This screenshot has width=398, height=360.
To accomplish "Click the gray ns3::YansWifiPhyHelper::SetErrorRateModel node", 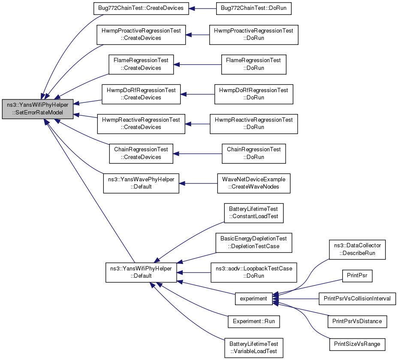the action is tap(38, 109).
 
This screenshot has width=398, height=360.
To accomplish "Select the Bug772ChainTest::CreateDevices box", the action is tap(141, 9).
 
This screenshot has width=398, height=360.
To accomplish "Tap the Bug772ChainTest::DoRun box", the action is tap(254, 9).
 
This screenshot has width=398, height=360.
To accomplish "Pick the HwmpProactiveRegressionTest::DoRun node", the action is tap(254, 35).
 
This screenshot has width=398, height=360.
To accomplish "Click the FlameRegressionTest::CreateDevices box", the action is tap(141, 64).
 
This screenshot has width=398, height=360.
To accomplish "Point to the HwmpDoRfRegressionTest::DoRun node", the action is tap(254, 94).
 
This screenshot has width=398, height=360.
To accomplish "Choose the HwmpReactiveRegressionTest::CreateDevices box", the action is tap(141, 124).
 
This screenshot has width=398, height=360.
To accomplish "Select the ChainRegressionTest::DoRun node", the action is tap(254, 153).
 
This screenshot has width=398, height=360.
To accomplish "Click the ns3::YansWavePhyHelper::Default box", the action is tap(141, 183).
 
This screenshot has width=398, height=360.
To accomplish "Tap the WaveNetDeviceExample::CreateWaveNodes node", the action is tap(254, 183).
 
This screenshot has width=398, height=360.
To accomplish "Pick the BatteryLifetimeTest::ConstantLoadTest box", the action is tap(254, 213).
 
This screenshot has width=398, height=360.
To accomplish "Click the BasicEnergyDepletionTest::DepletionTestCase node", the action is tap(254, 243).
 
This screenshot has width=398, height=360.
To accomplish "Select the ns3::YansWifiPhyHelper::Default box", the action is tap(141, 273).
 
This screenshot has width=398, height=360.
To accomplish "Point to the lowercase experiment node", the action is tap(254, 299).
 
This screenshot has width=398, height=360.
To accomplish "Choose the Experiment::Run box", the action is tap(254, 321).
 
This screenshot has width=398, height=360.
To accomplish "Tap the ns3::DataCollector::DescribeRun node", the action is tap(357, 249).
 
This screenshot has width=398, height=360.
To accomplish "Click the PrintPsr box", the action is tap(357, 276).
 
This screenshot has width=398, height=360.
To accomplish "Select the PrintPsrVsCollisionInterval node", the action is tap(357, 299).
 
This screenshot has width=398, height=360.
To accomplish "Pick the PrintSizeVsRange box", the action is tap(357, 345).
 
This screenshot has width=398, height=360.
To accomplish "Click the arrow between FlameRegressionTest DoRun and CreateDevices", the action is tap(197, 65).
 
